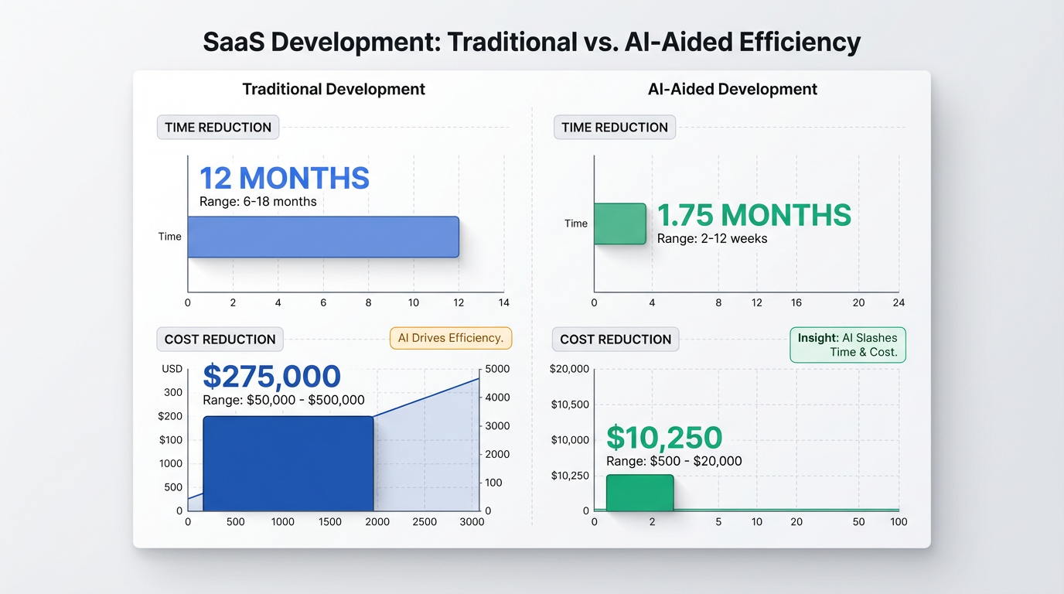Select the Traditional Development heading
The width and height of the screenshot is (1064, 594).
point(333,89)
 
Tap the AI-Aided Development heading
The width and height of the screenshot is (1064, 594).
point(732,89)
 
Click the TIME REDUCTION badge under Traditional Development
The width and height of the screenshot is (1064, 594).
point(218,128)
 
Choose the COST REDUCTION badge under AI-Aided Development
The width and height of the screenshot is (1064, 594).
point(616,340)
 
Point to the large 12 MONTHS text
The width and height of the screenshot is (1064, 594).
point(284,178)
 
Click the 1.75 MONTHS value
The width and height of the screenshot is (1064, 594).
point(754,215)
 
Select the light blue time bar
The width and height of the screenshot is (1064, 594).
point(323,237)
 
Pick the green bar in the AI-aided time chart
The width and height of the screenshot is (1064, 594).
point(619,224)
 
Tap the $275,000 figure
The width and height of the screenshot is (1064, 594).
point(271,377)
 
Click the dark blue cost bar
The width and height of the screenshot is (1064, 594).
point(288,464)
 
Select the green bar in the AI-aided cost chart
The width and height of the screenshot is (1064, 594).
point(639,493)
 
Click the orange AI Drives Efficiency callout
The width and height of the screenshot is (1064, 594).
point(451,338)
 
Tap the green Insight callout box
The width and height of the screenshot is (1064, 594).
point(847,345)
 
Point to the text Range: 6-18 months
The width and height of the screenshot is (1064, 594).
point(258,202)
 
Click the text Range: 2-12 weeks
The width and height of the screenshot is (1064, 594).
point(712,238)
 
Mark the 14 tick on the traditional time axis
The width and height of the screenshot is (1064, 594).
point(504,302)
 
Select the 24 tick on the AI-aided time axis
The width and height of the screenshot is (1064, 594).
point(898,302)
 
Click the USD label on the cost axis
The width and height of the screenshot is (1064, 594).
point(172,369)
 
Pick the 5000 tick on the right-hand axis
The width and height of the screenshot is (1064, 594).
point(497,369)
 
